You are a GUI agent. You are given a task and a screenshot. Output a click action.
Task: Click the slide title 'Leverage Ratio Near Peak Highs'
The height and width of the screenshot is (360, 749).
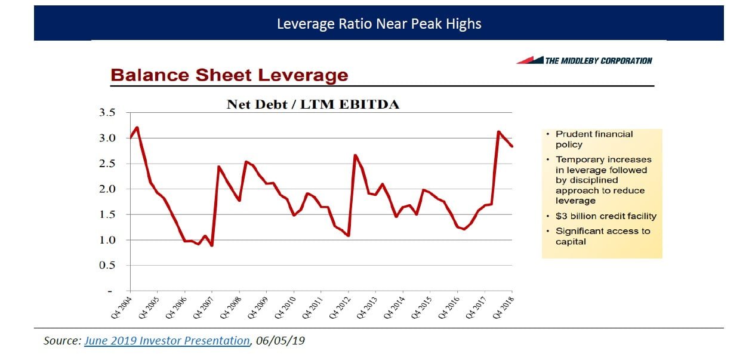pos(379,24)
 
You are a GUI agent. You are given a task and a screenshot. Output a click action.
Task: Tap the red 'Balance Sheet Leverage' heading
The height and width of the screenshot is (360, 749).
pos(229,75)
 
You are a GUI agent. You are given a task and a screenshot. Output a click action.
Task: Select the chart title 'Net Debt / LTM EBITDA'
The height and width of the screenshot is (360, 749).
pos(313,104)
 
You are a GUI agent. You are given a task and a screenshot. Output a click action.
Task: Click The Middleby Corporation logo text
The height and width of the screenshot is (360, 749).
pos(598,60)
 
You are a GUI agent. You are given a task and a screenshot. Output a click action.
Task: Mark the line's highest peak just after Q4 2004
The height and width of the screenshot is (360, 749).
pos(137,127)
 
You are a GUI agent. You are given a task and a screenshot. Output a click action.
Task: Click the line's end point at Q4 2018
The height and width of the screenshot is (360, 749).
pos(512,146)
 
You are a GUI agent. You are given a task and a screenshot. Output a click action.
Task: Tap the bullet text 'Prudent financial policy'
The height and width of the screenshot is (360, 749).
pos(594,140)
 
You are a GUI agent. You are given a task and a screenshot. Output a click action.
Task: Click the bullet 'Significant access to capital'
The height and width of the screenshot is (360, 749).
pos(603,236)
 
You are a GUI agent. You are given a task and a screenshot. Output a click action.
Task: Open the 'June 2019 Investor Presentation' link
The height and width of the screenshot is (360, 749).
pos(167,341)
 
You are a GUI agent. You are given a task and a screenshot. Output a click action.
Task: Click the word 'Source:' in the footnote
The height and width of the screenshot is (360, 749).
pos(63,341)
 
